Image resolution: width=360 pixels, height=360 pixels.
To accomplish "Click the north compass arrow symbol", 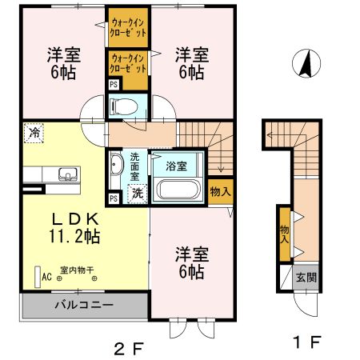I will pos(304,64).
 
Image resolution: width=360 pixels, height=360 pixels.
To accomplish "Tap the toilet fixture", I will pos(123,105).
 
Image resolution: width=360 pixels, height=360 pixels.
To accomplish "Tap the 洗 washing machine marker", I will pos(138,192).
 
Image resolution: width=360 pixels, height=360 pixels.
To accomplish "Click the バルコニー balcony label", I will pos(83,305).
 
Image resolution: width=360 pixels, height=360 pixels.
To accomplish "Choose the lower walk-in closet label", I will pos(128,63).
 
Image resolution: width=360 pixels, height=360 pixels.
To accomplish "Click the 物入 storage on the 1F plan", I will pos(285,232).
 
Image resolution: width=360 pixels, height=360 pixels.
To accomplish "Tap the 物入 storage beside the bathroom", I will pos(220,191).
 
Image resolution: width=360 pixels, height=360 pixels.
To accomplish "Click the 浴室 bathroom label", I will pos(177,167).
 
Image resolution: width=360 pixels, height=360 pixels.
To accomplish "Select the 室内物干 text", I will pos(74,270).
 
